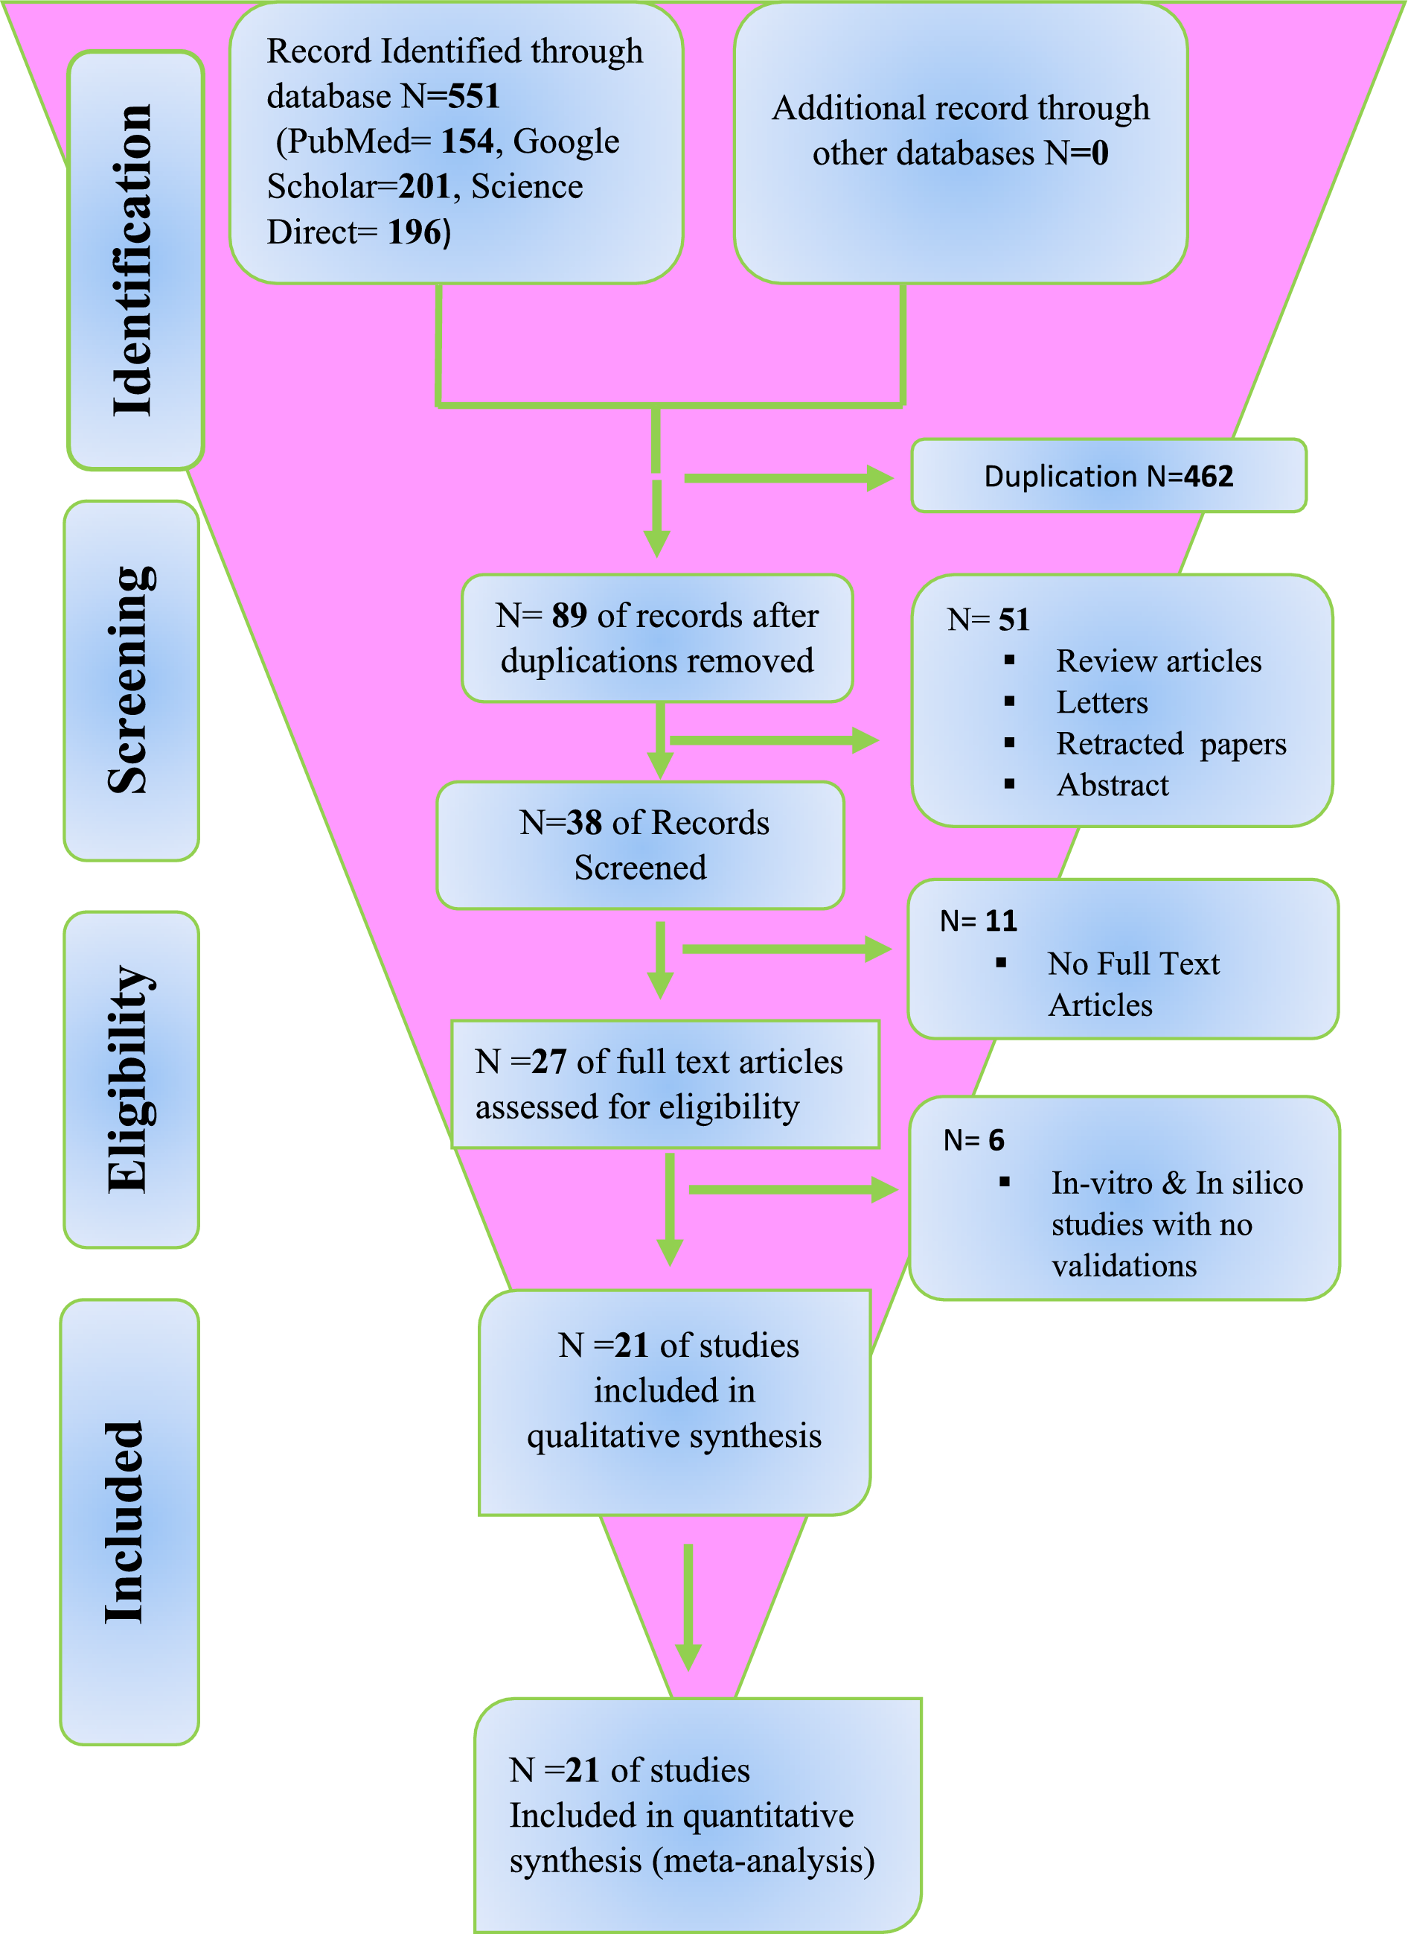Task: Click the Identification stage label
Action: pyautogui.click(x=133, y=260)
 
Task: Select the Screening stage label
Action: pyautogui.click(x=131, y=681)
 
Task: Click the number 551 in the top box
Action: pyautogui.click(x=474, y=96)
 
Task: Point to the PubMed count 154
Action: pyautogui.click(x=467, y=141)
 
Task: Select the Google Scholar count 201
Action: pyautogui.click(x=424, y=187)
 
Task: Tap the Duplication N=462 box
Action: pyautogui.click(x=1108, y=476)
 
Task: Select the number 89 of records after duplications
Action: pyautogui.click(x=569, y=616)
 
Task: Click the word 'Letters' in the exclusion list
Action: pyautogui.click(x=1102, y=703)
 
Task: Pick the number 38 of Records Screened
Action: pyautogui.click(x=585, y=823)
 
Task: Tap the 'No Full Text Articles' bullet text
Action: pyautogui.click(x=1133, y=984)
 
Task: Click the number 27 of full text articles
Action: pyautogui.click(x=550, y=1062)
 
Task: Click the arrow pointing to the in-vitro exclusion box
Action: pyautogui.click(x=792, y=1189)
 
